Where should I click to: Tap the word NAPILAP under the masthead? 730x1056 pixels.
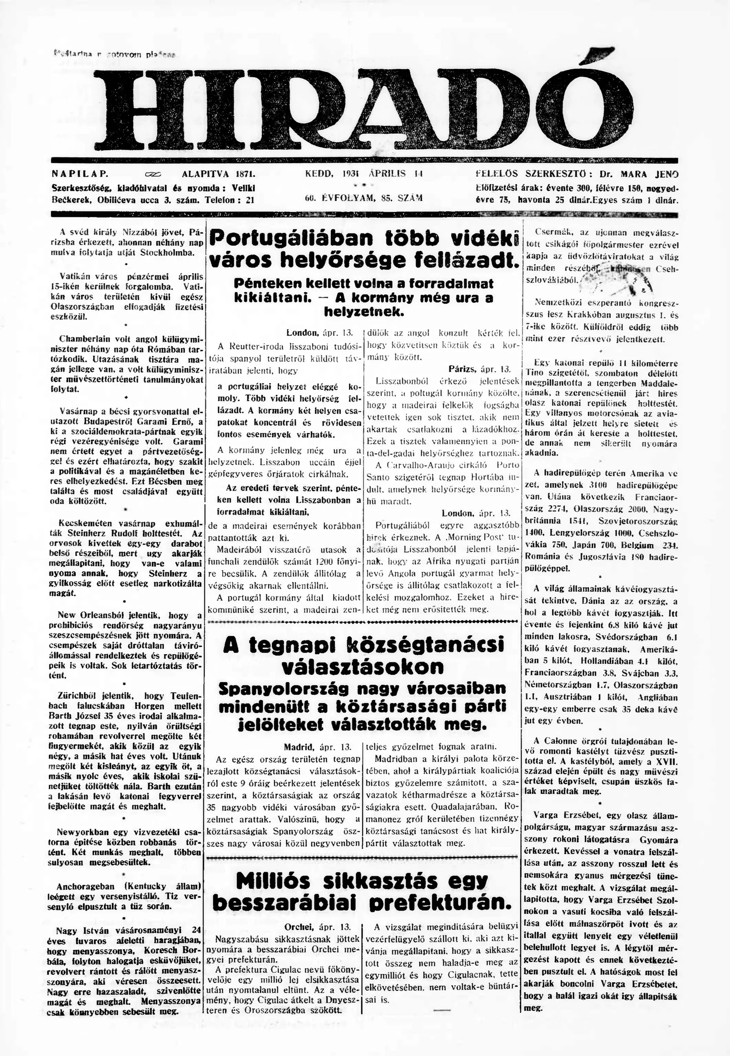coord(79,174)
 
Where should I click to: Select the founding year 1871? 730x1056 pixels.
coord(245,174)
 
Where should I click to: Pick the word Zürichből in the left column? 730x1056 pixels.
coord(76,696)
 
